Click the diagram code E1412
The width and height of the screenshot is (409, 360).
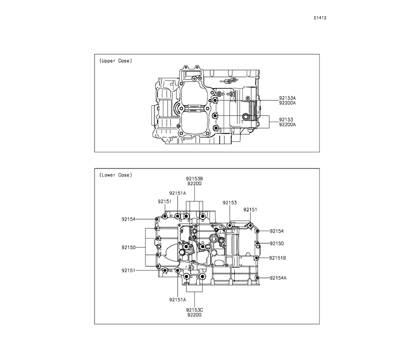tap(320, 18)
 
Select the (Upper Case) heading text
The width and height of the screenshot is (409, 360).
tap(116, 61)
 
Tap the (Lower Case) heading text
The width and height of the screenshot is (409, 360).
tap(116, 175)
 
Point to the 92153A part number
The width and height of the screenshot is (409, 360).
tap(288, 98)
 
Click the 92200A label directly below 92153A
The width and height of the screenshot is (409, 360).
tap(288, 103)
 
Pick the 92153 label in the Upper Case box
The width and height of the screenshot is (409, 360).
tap(286, 120)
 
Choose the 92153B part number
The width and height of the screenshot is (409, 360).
tap(194, 179)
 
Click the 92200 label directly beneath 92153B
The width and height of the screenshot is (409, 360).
tap(194, 184)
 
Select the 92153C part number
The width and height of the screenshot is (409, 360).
tap(194, 310)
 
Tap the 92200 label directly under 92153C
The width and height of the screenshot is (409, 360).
tap(194, 315)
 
